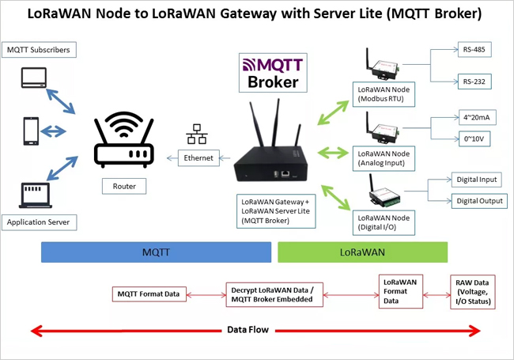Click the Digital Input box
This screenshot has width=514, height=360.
point(478,180)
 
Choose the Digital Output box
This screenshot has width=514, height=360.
point(478,201)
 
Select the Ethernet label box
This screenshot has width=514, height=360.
point(198,158)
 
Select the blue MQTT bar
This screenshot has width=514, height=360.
point(156,252)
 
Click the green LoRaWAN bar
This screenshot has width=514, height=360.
point(362,252)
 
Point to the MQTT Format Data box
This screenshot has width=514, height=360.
point(149,294)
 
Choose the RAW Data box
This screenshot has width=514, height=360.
point(473,291)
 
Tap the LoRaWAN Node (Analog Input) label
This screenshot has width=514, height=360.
point(385,156)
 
